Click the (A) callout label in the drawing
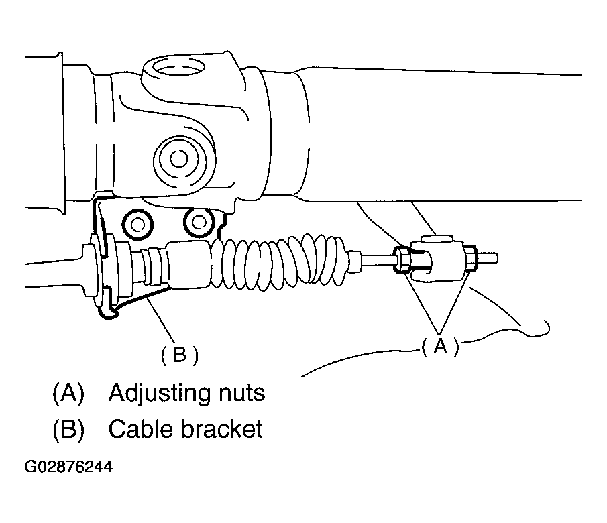coord(439,346)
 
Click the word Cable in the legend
coord(139,429)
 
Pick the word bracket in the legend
coord(222,429)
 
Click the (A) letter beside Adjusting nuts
coord(68,393)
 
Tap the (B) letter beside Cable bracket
coord(68,429)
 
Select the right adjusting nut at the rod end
coord(470,258)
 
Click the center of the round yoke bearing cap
coord(178,158)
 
